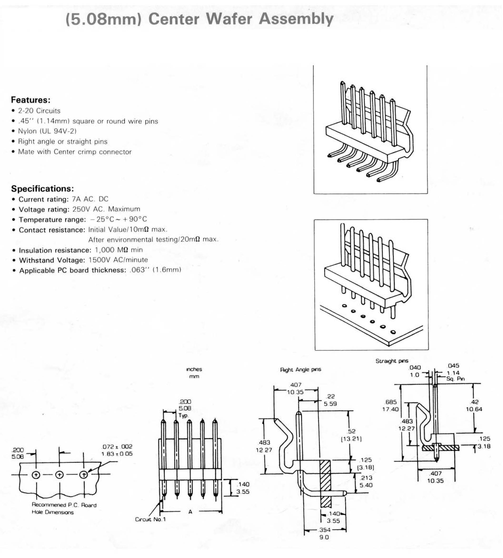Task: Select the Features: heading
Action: [31, 100]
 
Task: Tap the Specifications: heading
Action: [43, 189]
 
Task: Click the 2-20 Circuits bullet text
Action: [39, 111]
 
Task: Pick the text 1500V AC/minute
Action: [118, 260]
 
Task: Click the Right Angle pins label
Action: [301, 370]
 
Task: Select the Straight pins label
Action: [392, 361]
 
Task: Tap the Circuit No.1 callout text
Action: [150, 519]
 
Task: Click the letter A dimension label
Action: [190, 512]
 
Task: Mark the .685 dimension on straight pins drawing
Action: [391, 402]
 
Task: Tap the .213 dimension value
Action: [366, 478]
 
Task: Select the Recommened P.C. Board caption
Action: [64, 505]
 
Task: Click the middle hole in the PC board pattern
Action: [60, 475]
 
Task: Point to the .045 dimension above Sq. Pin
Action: [453, 366]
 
